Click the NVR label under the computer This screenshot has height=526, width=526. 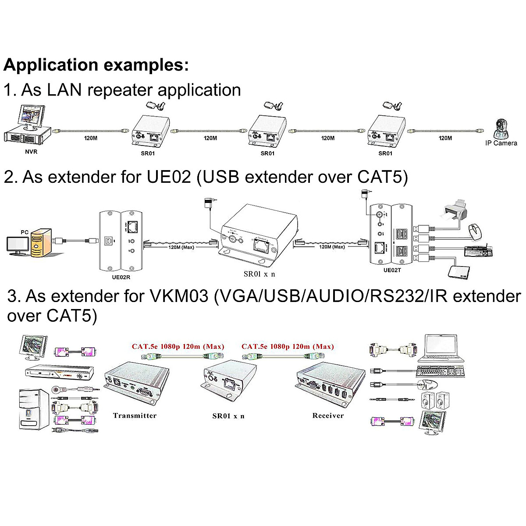(31, 152)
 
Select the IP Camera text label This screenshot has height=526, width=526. (501, 143)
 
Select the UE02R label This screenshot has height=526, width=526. (121, 277)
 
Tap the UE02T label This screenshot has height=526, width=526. (392, 270)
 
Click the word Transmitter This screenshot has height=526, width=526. (135, 416)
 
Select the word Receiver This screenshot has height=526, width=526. (328, 416)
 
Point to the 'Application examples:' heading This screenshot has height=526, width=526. (96, 65)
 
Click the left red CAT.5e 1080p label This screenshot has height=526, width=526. (178, 346)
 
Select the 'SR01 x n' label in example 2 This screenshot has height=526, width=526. (259, 274)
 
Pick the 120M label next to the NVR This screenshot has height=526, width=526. (91, 138)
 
